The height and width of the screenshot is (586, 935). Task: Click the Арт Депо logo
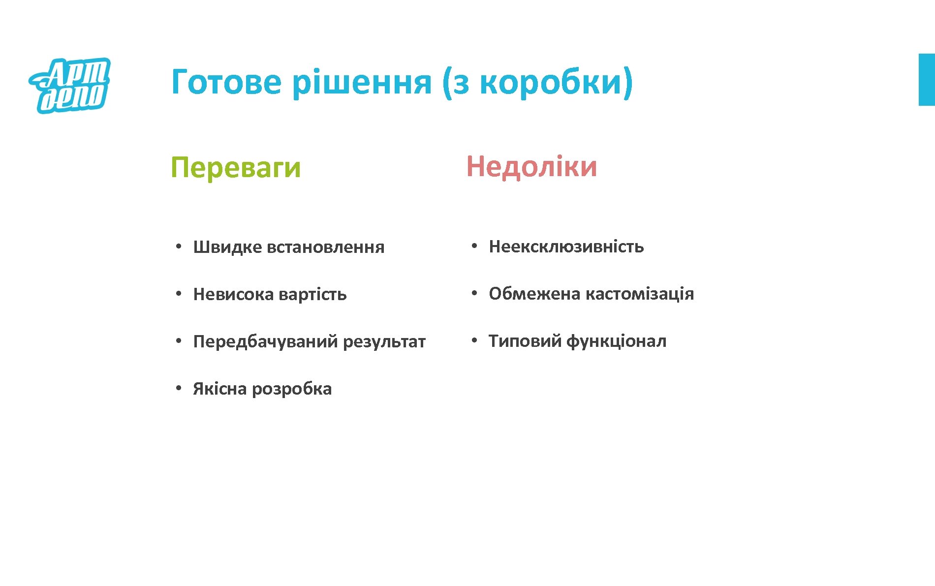pyautogui.click(x=70, y=85)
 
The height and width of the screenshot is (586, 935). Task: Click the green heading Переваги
pyautogui.click(x=236, y=168)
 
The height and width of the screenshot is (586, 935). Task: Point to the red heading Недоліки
pyautogui.click(x=531, y=166)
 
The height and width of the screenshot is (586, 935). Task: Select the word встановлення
pyautogui.click(x=325, y=247)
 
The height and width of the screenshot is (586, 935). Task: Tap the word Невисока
pyautogui.click(x=233, y=294)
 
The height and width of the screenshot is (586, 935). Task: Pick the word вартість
pyautogui.click(x=312, y=294)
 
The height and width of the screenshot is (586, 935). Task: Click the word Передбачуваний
pyautogui.click(x=265, y=341)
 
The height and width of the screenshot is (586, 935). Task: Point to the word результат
pyautogui.click(x=384, y=341)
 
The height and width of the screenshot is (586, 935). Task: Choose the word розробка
pyautogui.click(x=292, y=389)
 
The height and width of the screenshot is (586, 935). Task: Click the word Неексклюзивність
pyautogui.click(x=566, y=246)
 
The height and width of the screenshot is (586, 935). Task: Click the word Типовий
pyautogui.click(x=525, y=341)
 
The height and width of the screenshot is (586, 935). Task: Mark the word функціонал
pyautogui.click(x=617, y=341)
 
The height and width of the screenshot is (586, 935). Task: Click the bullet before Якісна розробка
pyautogui.click(x=179, y=388)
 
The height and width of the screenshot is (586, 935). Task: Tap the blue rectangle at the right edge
pyautogui.click(x=927, y=80)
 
